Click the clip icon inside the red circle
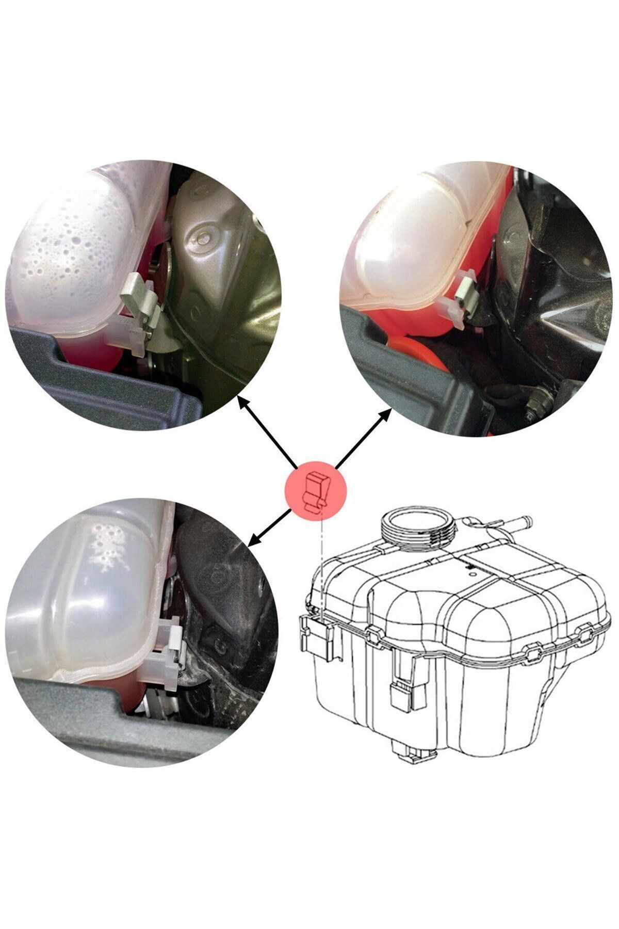(316, 491)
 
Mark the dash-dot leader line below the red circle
(321, 563)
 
